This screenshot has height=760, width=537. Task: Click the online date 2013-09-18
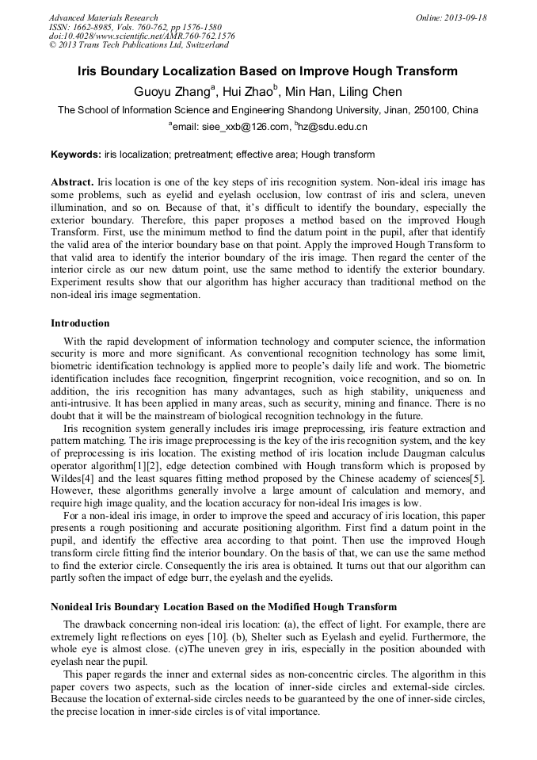[463, 17]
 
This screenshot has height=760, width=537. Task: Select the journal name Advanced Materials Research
[103, 17]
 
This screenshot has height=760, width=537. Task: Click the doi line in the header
[142, 36]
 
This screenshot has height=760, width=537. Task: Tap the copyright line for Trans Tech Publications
[139, 45]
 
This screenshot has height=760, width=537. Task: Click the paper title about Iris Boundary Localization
[268, 71]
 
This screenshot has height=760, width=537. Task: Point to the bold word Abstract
[72, 181]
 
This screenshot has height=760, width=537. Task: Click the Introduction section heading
[80, 323]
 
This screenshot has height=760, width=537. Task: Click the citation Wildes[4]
[72, 479]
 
